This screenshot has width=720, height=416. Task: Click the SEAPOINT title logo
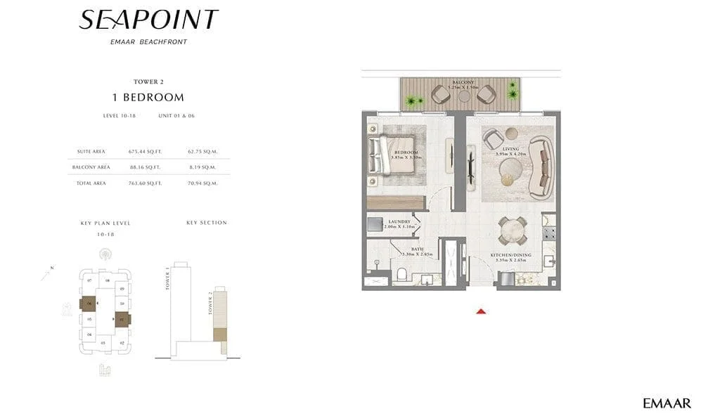148,20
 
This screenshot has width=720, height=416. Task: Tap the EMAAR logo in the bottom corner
667,403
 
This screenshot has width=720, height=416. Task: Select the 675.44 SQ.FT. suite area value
145,151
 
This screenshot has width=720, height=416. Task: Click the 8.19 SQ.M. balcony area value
202,167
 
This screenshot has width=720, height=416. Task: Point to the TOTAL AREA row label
91,183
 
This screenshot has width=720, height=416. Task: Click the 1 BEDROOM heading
148,98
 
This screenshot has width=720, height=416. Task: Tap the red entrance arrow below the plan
482,311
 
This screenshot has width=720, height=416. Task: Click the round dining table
510,230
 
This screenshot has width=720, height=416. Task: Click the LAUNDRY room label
397,221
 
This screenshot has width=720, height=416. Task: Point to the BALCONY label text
462,82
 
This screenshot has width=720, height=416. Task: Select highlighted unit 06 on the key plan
89,304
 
